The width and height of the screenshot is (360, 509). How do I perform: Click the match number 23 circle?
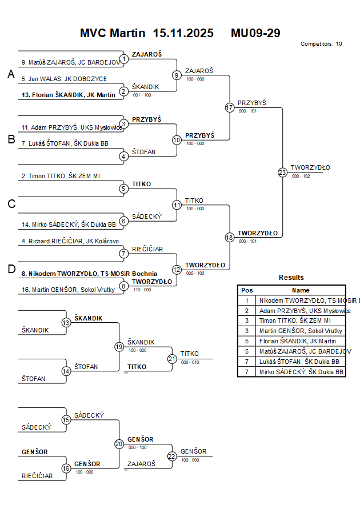[282, 173]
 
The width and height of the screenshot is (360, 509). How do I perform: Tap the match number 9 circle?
[177, 75]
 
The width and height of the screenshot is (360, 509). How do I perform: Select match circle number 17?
[230, 107]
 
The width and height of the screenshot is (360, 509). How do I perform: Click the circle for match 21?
[172, 358]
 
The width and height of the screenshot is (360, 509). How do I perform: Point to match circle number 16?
[66, 468]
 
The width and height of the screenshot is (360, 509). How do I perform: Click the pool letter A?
[10, 74]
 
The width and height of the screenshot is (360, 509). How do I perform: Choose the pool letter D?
[10, 270]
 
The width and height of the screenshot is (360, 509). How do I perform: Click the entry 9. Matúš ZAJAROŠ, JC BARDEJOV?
[70, 62]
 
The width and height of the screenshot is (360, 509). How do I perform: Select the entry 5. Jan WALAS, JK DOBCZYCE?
[64, 79]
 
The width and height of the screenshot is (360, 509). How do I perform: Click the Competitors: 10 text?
[321, 44]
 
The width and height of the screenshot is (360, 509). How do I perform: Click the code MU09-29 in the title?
[255, 33]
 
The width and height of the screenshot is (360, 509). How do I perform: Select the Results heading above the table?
[291, 278]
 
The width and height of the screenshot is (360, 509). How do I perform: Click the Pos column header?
[247, 290]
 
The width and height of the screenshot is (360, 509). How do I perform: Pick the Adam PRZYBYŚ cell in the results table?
[303, 311]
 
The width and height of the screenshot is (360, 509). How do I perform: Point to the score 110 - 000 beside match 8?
[142, 290]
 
